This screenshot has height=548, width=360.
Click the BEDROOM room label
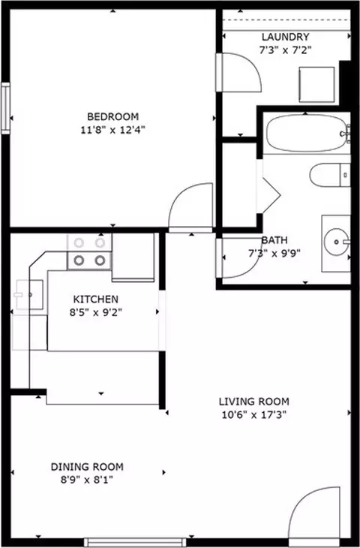tap(112, 116)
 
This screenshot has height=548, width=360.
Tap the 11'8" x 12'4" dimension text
tap(112, 131)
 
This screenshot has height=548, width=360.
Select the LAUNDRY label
tap(285, 37)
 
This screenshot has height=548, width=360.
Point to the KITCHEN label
tap(96, 300)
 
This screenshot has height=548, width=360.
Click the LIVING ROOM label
tap(253, 402)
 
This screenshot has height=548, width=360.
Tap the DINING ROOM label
tap(87, 467)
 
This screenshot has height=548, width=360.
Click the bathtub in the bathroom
tap(308, 133)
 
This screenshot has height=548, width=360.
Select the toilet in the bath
tap(330, 175)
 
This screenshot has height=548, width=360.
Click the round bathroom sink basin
tap(336, 242)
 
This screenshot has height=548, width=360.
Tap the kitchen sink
tap(28, 294)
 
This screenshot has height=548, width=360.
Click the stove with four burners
tap(89, 251)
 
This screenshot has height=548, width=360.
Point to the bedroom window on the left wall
tap(5, 108)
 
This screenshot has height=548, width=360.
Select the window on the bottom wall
tap(135, 543)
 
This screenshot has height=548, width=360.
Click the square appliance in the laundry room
tap(316, 85)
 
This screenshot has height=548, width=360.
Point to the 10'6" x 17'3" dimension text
tap(254, 415)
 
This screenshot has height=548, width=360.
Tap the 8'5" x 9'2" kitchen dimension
tap(96, 312)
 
